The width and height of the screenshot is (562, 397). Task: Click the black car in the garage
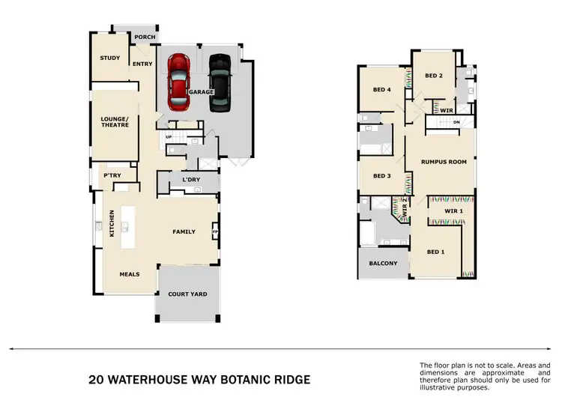pos(219,80)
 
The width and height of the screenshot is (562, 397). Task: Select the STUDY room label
pos(110,58)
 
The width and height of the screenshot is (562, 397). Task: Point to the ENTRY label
pos(142,64)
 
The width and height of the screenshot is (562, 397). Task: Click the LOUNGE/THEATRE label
pos(115,121)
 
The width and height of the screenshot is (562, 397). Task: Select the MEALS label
pos(130,274)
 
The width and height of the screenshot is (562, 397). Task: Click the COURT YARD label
pos(187,294)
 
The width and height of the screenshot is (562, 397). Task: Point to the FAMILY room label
pos(184,231)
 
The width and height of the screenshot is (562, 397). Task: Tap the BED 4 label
pos(382,90)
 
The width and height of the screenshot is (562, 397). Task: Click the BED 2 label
pos(434,76)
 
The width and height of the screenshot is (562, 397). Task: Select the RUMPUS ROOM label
pos(444,162)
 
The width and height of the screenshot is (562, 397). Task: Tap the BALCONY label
pos(383,264)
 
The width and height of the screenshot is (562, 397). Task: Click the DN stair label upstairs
pos(456,123)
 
